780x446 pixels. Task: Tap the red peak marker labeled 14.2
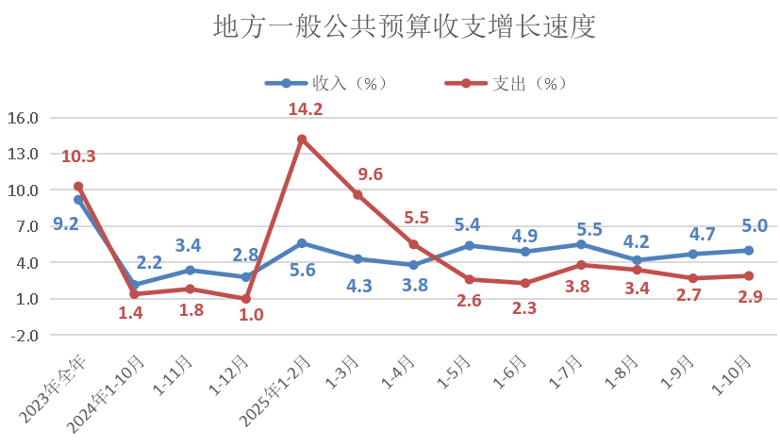302,140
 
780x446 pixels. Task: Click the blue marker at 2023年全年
78,200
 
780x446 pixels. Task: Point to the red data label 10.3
78,157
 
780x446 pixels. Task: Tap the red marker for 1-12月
246,299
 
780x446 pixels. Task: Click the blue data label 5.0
754,225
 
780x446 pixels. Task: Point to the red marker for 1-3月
357,195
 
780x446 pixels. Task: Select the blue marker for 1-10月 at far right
748,251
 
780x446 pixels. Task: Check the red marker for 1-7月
581,265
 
